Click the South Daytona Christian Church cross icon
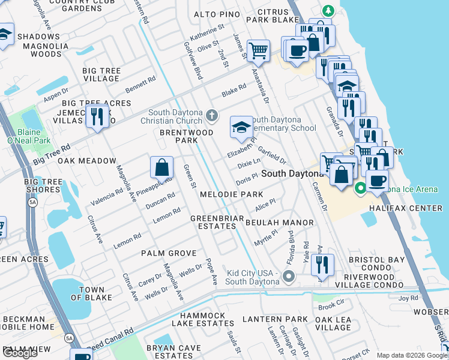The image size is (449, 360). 211,115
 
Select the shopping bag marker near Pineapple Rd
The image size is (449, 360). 162,167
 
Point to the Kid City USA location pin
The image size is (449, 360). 289,277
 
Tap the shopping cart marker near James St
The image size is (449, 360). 258,52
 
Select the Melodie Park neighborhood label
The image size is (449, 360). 231,195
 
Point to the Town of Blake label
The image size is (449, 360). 91,293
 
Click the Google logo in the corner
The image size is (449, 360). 20,353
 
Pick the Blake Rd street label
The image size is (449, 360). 234,91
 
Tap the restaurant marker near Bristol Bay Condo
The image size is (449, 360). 323,266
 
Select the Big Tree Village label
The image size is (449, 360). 101,75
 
